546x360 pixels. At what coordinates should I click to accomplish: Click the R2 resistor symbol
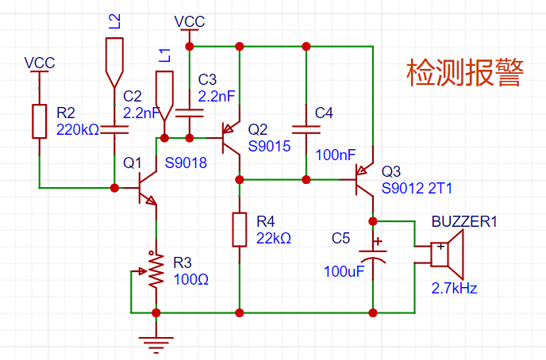tap(40, 121)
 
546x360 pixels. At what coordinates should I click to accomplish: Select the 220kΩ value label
tap(78, 130)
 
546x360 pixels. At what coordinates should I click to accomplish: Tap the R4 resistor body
tap(240, 230)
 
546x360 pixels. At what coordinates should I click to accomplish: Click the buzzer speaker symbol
tap(448, 255)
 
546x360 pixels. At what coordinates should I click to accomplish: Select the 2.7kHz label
tap(454, 289)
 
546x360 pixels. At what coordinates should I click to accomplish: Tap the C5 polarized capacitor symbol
tap(373, 255)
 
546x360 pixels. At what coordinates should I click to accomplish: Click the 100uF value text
tap(344, 271)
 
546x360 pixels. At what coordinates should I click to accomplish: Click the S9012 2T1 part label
tap(417, 188)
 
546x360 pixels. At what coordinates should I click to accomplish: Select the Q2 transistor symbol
tap(230, 138)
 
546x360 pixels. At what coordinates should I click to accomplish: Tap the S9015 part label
tap(269, 147)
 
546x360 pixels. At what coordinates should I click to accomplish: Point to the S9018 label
tap(186, 163)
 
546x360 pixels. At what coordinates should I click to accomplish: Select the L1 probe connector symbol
tap(164, 96)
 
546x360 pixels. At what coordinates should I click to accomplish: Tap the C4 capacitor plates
tap(306, 130)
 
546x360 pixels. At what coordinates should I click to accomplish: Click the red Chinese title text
tap(465, 73)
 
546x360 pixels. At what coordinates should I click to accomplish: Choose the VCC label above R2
tap(40, 63)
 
